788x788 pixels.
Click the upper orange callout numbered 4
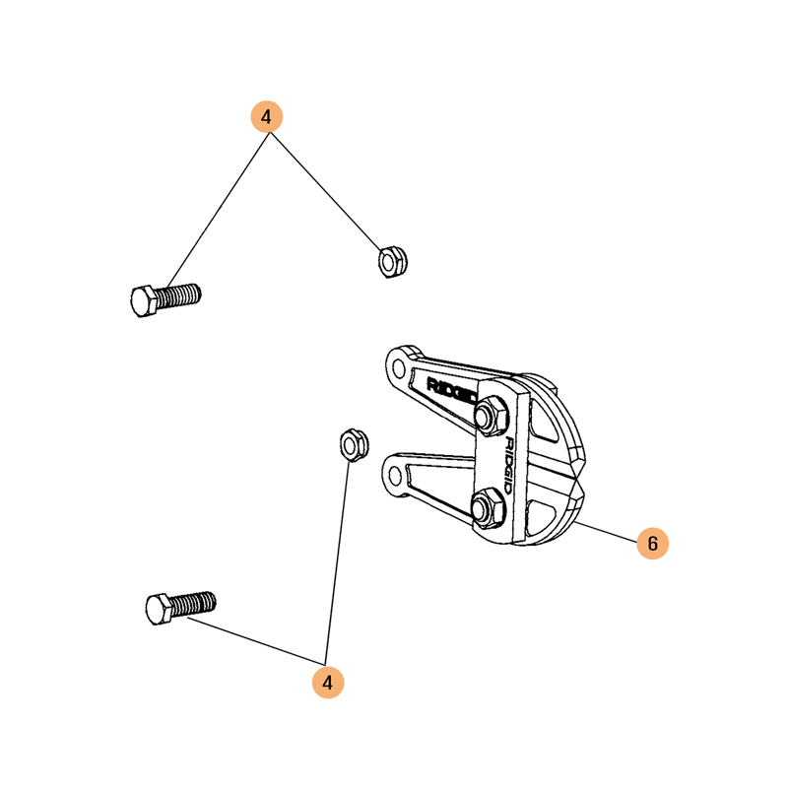tap(266, 116)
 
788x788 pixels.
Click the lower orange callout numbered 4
tap(328, 683)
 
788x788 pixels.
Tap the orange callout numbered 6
tap(652, 544)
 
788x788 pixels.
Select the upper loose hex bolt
tap(165, 299)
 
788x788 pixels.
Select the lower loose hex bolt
tap(181, 608)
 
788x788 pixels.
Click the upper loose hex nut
tap(392, 262)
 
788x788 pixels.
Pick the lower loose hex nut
tap(355, 445)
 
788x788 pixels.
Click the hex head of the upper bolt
tap(143, 301)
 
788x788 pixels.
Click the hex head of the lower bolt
tap(159, 609)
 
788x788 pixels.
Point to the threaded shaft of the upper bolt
tap(179, 295)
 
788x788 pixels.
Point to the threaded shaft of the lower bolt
tap(194, 604)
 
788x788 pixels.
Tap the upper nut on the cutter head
tap(491, 416)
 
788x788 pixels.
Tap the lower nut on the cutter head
tap(488, 508)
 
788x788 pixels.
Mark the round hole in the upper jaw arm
tap(399, 368)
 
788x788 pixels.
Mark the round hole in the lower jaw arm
tap(395, 475)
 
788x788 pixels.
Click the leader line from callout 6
tap(606, 532)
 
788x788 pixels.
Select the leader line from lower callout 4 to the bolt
tap(256, 641)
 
